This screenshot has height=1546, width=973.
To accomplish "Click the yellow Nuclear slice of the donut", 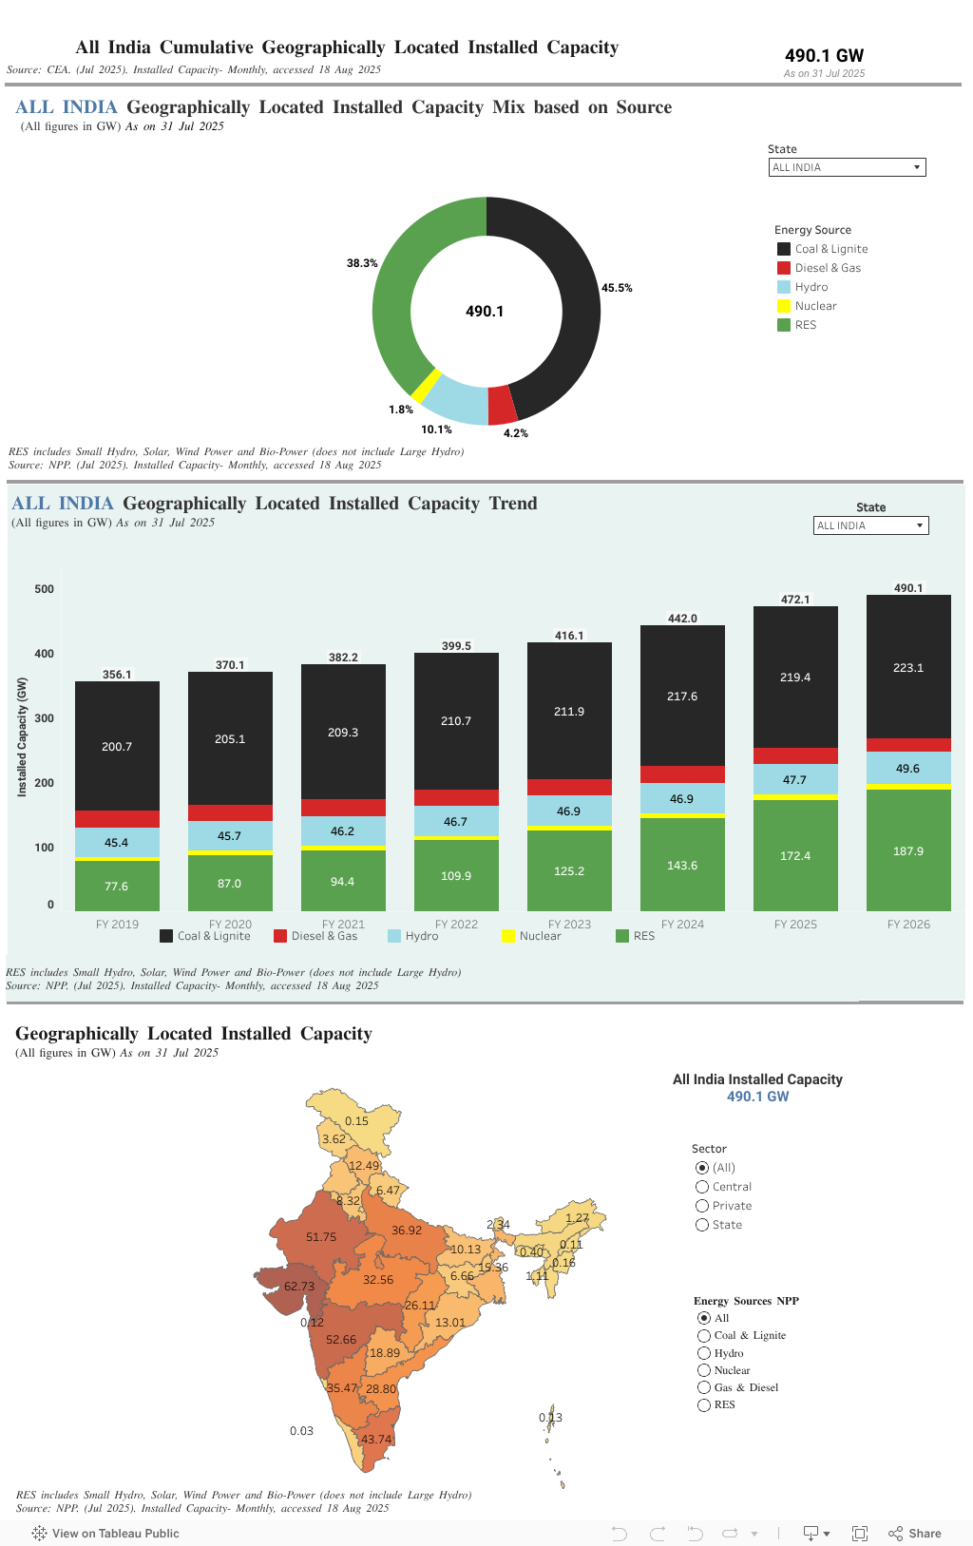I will point(427,385).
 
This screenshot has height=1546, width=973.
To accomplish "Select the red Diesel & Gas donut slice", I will point(502,405).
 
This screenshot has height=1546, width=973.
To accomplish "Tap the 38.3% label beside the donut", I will point(362,263).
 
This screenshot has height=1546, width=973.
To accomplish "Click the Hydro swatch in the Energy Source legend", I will point(784,287).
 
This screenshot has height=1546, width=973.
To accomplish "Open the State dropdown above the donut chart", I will point(847,167).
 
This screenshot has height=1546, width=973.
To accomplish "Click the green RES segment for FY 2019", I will point(117,886).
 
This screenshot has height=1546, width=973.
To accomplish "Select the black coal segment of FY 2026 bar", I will point(908,667).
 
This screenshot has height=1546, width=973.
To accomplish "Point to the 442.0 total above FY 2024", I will point(682,619).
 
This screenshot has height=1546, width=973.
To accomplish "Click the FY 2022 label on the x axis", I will point(456,925).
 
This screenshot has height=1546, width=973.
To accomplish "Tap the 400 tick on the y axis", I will point(45,654).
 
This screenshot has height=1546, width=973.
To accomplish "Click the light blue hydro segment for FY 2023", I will point(569,811).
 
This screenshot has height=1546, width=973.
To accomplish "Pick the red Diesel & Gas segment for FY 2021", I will point(343,808).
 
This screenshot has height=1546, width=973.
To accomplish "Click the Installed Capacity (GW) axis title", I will point(22,737).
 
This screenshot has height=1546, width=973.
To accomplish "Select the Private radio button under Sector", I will point(702,1206).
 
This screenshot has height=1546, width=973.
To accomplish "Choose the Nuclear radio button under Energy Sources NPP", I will point(704,1370).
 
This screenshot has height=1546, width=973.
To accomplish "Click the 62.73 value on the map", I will point(299,1287).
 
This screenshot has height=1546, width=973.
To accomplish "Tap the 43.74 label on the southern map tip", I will point(376,1440).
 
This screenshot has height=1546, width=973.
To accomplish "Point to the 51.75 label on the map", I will point(321,1237).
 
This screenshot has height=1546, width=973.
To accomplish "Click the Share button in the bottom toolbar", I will point(915,1533).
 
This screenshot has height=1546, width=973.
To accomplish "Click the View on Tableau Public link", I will point(105,1533).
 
